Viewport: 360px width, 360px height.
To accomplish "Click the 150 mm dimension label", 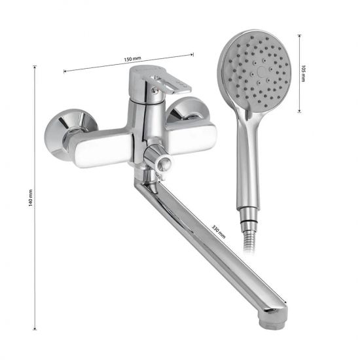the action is click(x=132, y=59).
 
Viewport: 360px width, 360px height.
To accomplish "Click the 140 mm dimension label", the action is click(x=31, y=198).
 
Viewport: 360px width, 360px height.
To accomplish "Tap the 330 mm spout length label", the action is click(x=219, y=232).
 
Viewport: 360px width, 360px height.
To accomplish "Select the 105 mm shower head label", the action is click(x=303, y=73).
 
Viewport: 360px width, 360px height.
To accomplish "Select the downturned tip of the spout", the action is click(x=275, y=321).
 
